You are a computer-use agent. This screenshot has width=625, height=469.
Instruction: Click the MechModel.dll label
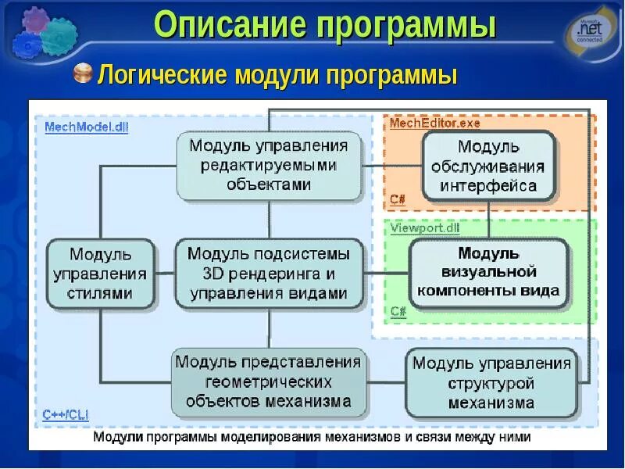pos(86,127)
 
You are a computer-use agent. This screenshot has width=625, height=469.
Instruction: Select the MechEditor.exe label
pos(434,123)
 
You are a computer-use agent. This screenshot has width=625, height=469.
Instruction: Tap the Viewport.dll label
pos(425,227)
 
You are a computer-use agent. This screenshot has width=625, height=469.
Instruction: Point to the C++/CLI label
pos(64,414)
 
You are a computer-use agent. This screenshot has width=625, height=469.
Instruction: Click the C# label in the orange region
pos(398,200)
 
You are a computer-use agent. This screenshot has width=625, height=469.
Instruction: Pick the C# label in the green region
pos(398,311)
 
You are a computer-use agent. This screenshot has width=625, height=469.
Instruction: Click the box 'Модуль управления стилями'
pos(99,274)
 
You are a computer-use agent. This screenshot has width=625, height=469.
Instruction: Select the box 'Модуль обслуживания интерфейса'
pos(488,166)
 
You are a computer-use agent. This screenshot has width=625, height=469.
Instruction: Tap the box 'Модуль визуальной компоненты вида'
pos(488,272)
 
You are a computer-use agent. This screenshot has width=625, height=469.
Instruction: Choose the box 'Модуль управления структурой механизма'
pos(491,383)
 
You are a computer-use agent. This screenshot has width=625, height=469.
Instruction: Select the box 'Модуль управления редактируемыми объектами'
pos(268,165)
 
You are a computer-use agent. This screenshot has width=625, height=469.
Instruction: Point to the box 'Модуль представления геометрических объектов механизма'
pos(268,382)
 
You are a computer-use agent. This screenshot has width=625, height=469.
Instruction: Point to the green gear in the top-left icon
pos(59,36)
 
